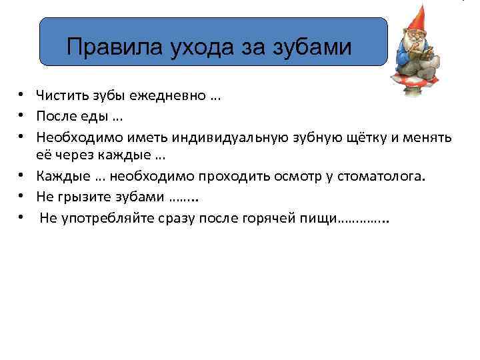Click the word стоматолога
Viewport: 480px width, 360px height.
(x=379, y=177)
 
